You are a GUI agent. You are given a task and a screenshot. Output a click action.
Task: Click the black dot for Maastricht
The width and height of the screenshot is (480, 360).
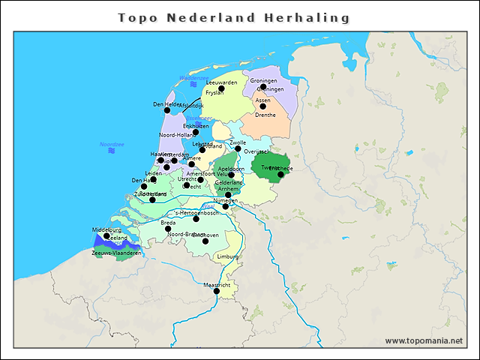(x=217, y=291)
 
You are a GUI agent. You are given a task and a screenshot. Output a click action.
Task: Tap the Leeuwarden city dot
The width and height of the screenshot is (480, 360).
(x=221, y=88)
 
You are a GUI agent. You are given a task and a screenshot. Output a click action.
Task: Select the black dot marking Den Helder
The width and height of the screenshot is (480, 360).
(x=167, y=110)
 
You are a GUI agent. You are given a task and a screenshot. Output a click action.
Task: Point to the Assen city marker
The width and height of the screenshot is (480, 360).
(x=262, y=106)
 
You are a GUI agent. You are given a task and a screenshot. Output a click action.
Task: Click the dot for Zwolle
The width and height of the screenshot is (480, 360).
(x=238, y=148)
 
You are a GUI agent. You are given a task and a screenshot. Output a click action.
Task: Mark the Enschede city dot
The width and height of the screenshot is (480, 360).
(x=280, y=175)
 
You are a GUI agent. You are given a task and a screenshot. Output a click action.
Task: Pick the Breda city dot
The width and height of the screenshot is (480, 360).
(x=168, y=229)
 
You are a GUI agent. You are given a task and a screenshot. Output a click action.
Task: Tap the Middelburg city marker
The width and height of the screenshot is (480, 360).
(x=106, y=236)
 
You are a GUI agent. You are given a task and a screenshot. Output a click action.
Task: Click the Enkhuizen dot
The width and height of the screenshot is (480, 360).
(x=196, y=132)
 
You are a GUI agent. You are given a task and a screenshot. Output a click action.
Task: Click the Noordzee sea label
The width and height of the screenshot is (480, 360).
(x=111, y=144)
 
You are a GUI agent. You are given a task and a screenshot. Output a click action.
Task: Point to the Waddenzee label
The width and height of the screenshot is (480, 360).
(x=193, y=78)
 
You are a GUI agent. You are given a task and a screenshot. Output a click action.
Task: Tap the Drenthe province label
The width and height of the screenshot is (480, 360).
(x=265, y=115)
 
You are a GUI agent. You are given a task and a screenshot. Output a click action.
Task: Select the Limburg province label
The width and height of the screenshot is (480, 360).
(x=227, y=256)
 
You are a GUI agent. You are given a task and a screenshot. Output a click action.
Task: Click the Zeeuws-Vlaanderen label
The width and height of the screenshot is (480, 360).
(x=116, y=253)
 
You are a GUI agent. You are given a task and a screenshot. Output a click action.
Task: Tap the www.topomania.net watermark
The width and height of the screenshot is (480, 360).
(x=424, y=340)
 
